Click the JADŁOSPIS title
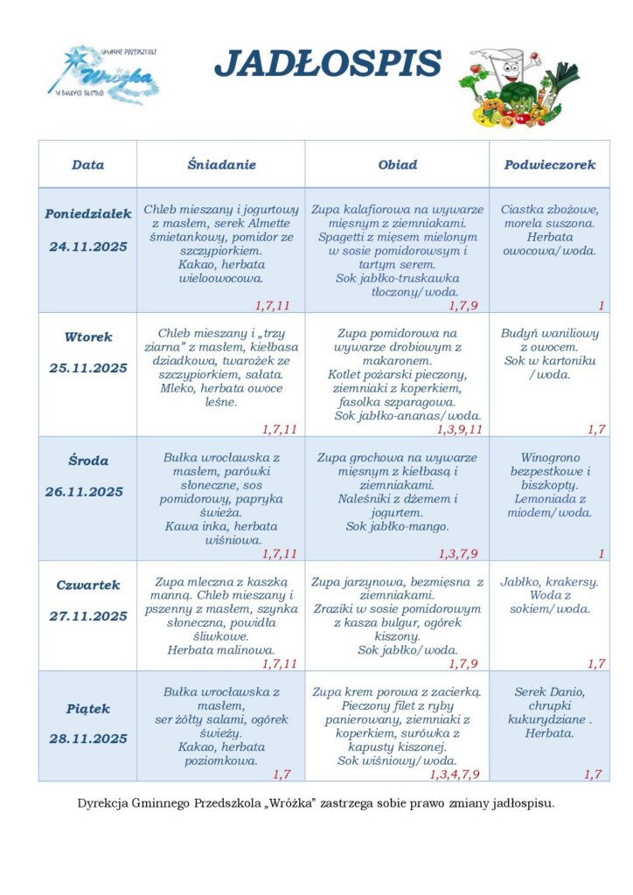point(328,64)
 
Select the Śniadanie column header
point(221,164)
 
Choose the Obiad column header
point(397,164)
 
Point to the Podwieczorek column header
point(549,164)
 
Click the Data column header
point(87,164)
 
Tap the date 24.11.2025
point(87,246)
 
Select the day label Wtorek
point(87,336)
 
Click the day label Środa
point(87,461)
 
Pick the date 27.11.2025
point(87,616)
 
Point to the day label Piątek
point(87,708)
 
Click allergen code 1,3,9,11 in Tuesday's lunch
point(459,429)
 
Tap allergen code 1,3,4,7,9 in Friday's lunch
point(455,774)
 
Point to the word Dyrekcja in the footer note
point(103,801)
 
